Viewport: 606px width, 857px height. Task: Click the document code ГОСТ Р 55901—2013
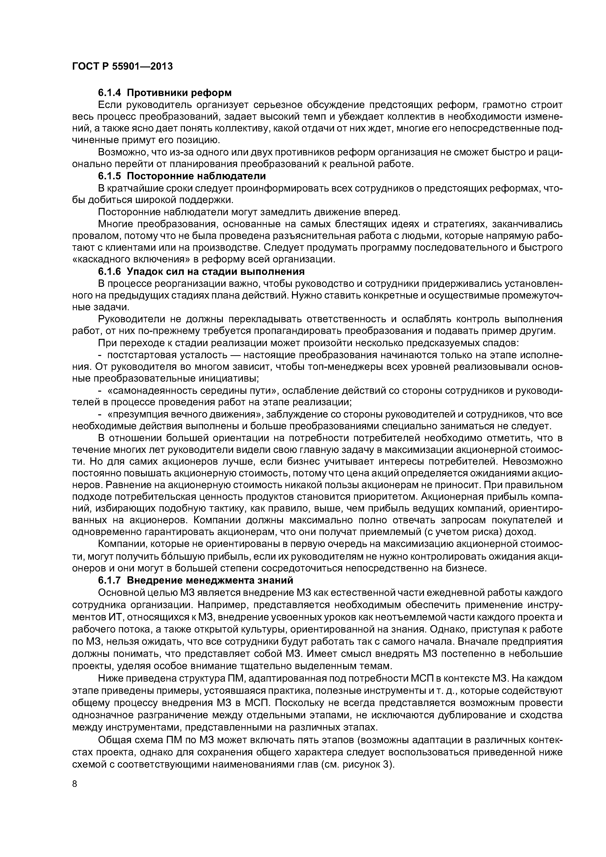click(122, 66)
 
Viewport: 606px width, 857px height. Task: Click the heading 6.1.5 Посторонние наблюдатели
click(182, 176)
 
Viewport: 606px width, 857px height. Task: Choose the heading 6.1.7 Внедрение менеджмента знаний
click(196, 580)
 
